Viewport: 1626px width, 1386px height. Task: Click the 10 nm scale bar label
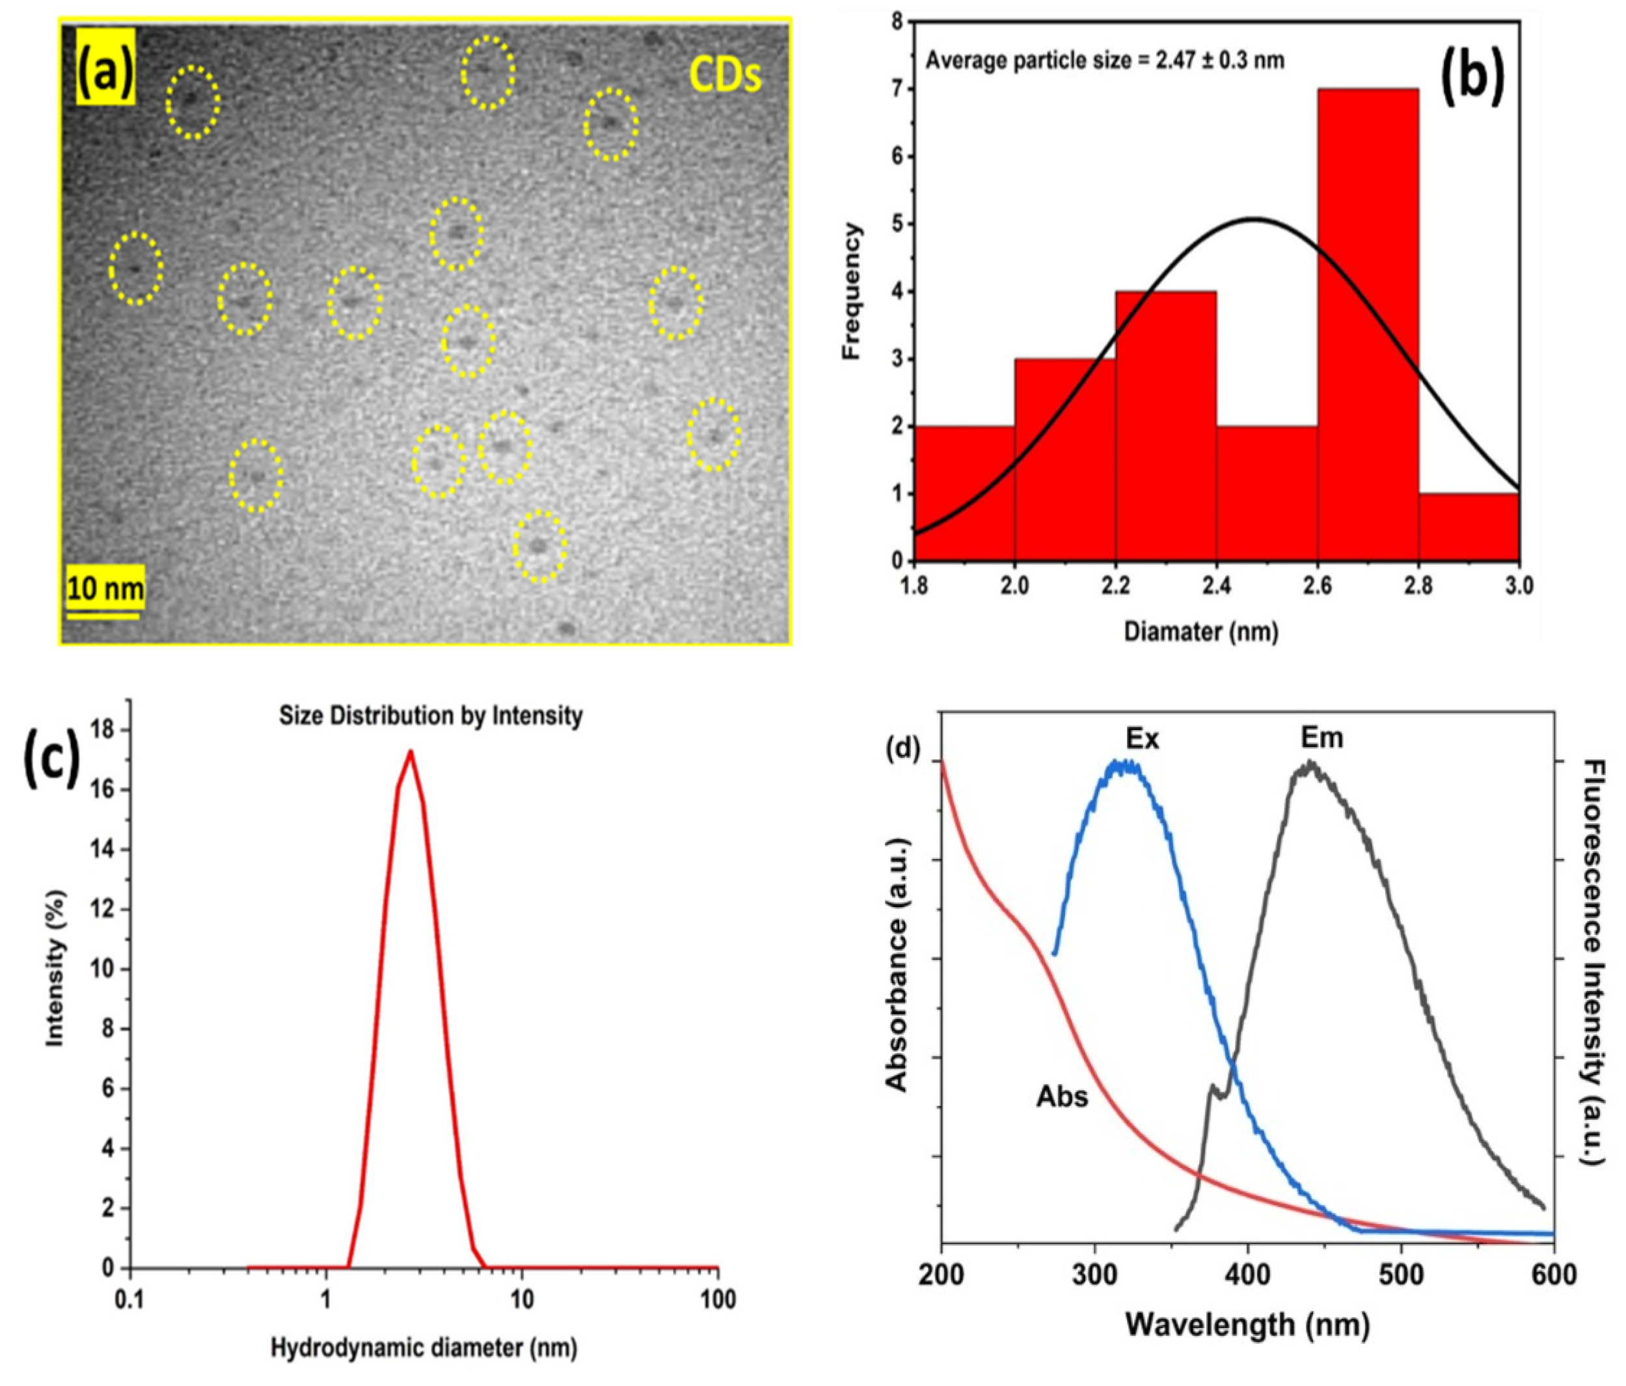[x=105, y=588]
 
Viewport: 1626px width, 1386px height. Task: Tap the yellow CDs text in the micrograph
[x=725, y=76]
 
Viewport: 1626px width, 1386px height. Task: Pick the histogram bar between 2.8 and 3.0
[x=1469, y=528]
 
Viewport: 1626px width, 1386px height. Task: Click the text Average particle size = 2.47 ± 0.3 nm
[x=1105, y=61]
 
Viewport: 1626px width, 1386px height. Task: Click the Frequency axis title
[x=852, y=291]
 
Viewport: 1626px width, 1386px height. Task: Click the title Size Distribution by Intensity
[x=431, y=715]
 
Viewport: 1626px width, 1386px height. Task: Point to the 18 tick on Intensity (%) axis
[x=110, y=730]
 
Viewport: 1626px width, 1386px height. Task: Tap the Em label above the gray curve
[x=1322, y=737]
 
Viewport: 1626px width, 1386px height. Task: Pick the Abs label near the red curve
[x=1063, y=1096]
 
